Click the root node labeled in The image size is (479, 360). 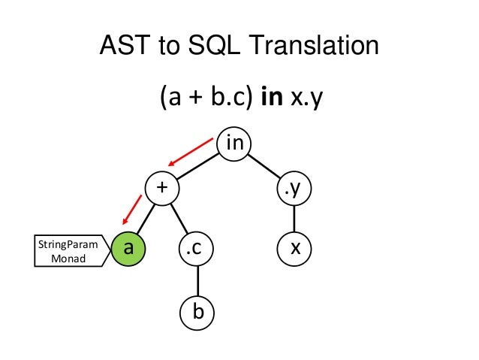(234, 143)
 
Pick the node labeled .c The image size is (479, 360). (197, 247)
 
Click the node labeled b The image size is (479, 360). (197, 310)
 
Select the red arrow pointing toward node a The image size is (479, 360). (131, 209)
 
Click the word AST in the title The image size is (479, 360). (124, 48)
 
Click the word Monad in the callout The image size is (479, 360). (68, 259)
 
